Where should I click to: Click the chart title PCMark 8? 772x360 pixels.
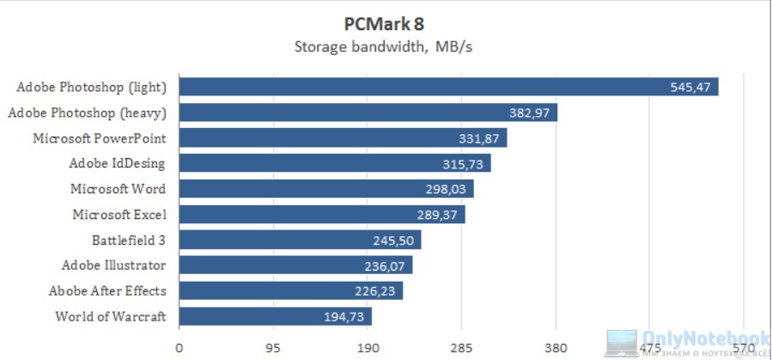click(x=386, y=24)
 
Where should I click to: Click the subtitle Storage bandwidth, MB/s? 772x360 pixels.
click(x=384, y=46)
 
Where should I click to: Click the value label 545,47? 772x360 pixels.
click(x=691, y=88)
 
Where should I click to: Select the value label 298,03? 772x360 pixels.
click(x=447, y=189)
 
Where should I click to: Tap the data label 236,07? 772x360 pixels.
click(x=386, y=265)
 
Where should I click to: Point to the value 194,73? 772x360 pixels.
click(x=344, y=317)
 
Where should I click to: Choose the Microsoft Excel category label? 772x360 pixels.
click(x=119, y=214)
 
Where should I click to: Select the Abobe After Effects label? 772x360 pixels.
click(x=107, y=290)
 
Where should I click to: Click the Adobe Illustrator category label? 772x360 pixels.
click(x=113, y=265)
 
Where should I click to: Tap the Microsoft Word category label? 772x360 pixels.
click(x=119, y=189)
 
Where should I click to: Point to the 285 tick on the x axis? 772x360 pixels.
click(x=461, y=348)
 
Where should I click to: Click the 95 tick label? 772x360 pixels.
click(x=273, y=348)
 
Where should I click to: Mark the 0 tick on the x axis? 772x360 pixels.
click(x=179, y=348)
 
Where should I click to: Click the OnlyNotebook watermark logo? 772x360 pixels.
click(x=687, y=343)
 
